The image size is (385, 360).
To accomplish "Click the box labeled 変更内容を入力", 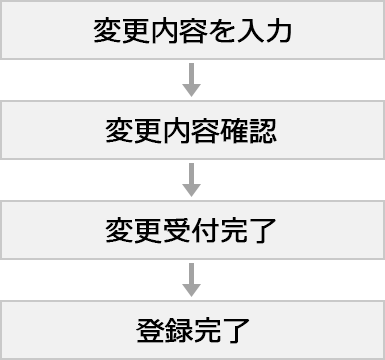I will (191, 29).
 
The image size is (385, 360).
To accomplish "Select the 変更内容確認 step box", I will (191, 129).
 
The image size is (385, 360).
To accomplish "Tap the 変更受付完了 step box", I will (191, 229).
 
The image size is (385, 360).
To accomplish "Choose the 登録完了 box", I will (191, 328).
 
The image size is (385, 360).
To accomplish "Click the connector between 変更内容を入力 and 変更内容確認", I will (191, 79).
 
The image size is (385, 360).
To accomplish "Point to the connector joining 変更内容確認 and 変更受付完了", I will (191, 179).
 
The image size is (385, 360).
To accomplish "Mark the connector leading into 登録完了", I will (191, 279).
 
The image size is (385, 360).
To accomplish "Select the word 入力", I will (264, 30).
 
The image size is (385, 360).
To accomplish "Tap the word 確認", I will (248, 130).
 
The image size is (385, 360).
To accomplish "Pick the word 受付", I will (191, 230).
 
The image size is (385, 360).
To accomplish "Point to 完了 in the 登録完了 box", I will (219, 329).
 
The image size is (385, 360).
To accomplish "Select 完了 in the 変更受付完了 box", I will (248, 230).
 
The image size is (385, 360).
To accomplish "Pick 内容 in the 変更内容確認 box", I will (191, 130).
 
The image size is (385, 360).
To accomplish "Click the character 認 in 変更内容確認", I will (262, 130).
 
